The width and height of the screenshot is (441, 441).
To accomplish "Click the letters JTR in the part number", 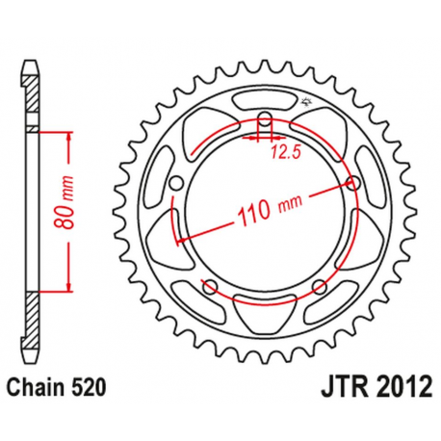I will tap(337, 388).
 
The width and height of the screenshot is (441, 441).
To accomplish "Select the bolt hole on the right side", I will tap(353, 183).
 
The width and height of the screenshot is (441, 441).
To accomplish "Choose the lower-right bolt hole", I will tap(320, 285).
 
